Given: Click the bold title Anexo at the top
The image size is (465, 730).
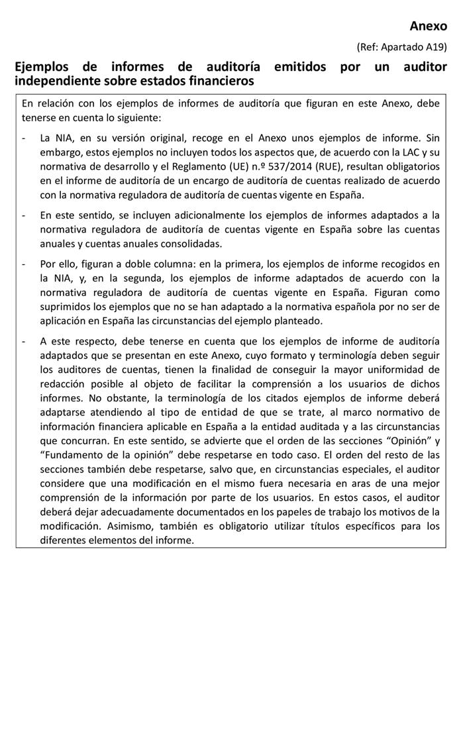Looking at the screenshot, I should tap(428, 26).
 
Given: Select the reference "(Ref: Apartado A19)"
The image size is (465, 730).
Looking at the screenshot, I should tap(402, 47).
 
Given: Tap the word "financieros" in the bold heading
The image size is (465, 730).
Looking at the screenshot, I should tap(221, 81).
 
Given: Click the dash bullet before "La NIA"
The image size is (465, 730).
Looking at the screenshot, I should tap(24, 138).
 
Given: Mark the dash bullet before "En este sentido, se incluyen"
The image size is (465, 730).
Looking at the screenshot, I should tap(24, 215).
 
